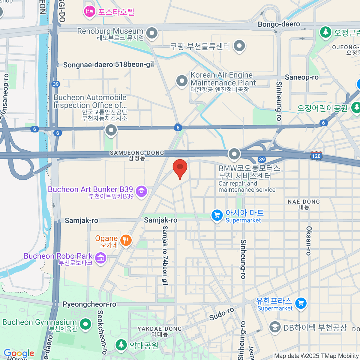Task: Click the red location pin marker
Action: [x=180, y=168]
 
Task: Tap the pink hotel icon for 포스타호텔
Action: [x=89, y=12]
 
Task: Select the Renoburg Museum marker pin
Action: [x=152, y=32]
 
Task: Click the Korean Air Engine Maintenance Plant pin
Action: [x=182, y=81]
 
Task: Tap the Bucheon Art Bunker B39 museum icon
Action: [x=141, y=191]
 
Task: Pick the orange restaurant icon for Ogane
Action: [x=126, y=240]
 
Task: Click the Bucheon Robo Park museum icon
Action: [x=100, y=257]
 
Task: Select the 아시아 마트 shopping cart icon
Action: [x=217, y=215]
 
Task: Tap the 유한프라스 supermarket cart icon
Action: [x=301, y=303]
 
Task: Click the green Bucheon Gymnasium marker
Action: [x=85, y=324]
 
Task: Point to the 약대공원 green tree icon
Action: [x=121, y=344]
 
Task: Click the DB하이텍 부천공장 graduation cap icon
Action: [x=274, y=327]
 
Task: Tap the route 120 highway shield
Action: [x=316, y=155]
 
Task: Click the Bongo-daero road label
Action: [x=279, y=24]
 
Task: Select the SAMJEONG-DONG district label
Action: [x=137, y=153]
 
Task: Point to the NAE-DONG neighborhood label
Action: [x=304, y=202]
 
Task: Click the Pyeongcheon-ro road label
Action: [x=89, y=304]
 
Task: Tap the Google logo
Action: [x=19, y=353]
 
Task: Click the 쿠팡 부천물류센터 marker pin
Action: [x=239, y=46]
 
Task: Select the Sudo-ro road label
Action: [x=221, y=314]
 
